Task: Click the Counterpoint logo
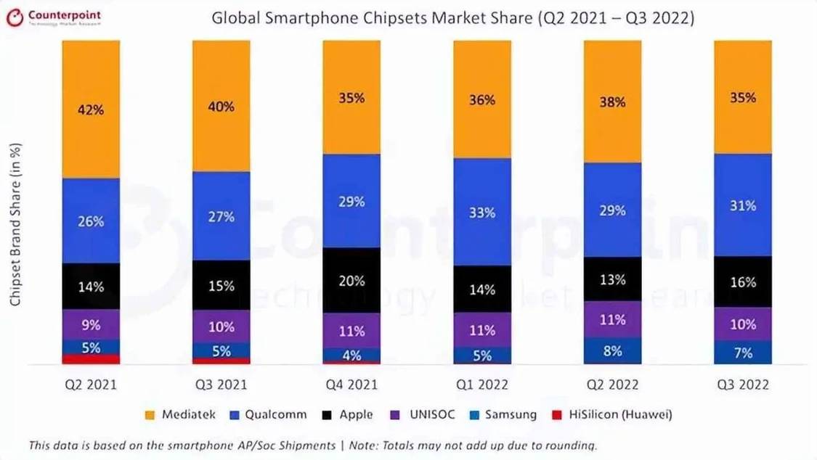(54, 17)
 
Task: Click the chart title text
(452, 18)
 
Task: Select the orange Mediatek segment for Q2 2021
(91, 109)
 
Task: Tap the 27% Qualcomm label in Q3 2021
(221, 216)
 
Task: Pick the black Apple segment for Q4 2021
(351, 280)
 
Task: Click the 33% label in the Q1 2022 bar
(481, 213)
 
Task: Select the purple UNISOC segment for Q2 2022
(612, 319)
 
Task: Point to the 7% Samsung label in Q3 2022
(743, 353)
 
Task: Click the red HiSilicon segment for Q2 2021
(91, 359)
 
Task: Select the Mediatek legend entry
(179, 415)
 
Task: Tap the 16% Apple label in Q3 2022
(743, 282)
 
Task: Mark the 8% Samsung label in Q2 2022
(612, 351)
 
